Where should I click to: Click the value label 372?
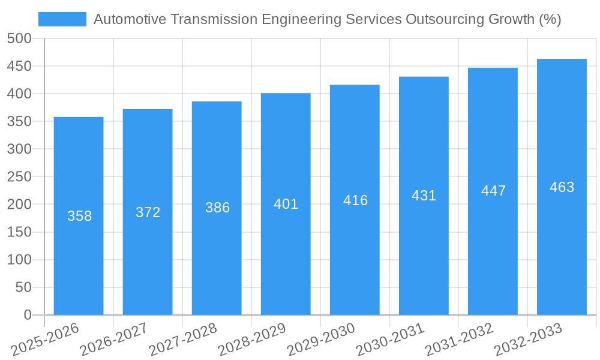pyautogui.click(x=148, y=212)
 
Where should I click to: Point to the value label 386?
pyautogui.click(x=217, y=208)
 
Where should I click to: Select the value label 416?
pyautogui.click(x=355, y=200)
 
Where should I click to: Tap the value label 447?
pyautogui.click(x=493, y=191)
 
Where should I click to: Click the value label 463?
pyautogui.click(x=562, y=187)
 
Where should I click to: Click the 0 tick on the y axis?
pyautogui.click(x=27, y=315)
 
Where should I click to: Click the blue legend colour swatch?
pyautogui.click(x=62, y=19)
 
